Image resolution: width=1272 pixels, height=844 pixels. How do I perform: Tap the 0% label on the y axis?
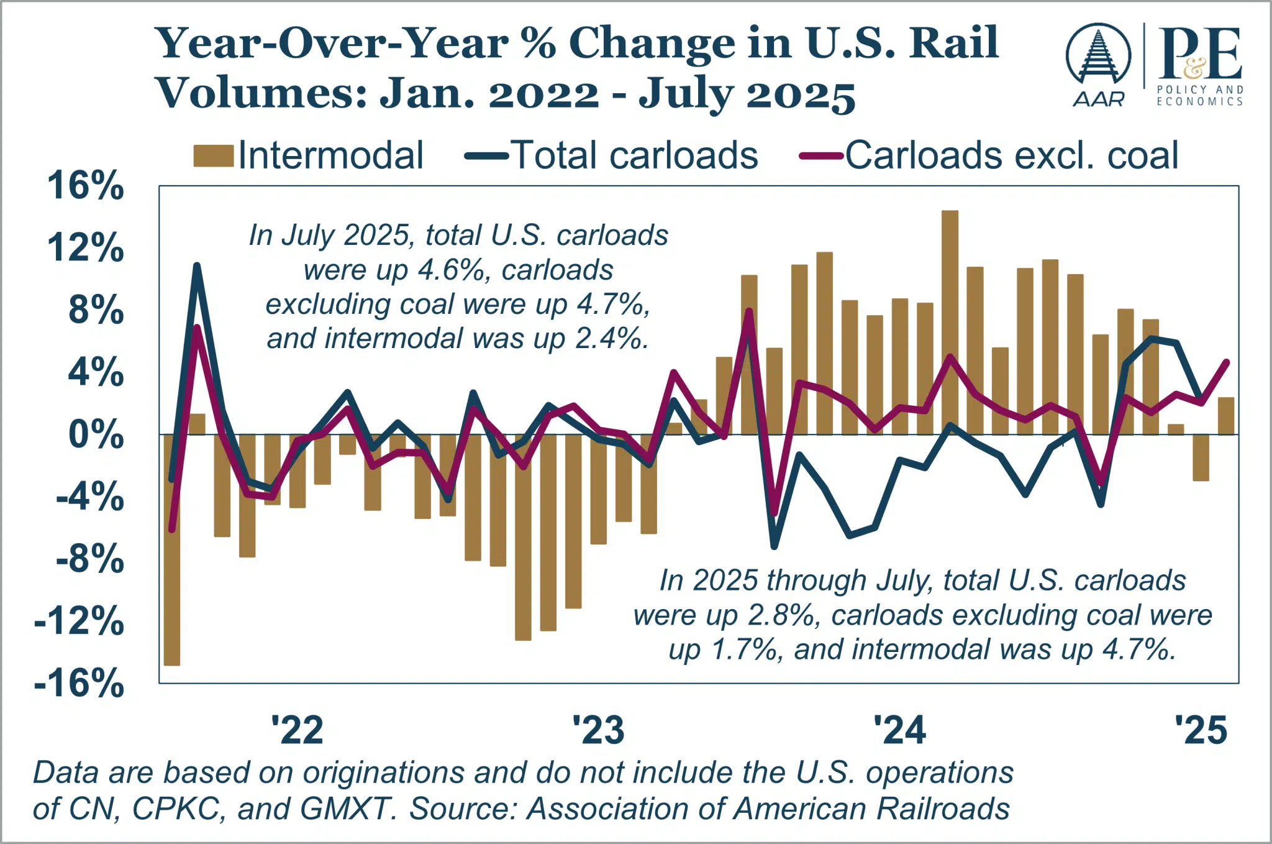[96, 434]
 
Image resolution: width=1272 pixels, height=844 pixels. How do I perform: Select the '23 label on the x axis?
[597, 730]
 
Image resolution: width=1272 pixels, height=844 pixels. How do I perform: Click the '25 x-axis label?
[1201, 730]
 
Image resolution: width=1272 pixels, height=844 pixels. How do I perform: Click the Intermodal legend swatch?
[213, 155]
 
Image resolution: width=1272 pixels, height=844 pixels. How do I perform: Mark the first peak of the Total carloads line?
[197, 266]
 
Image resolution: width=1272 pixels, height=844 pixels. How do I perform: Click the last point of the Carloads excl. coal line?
[1226, 362]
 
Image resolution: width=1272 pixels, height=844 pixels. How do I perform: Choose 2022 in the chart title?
[543, 95]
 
